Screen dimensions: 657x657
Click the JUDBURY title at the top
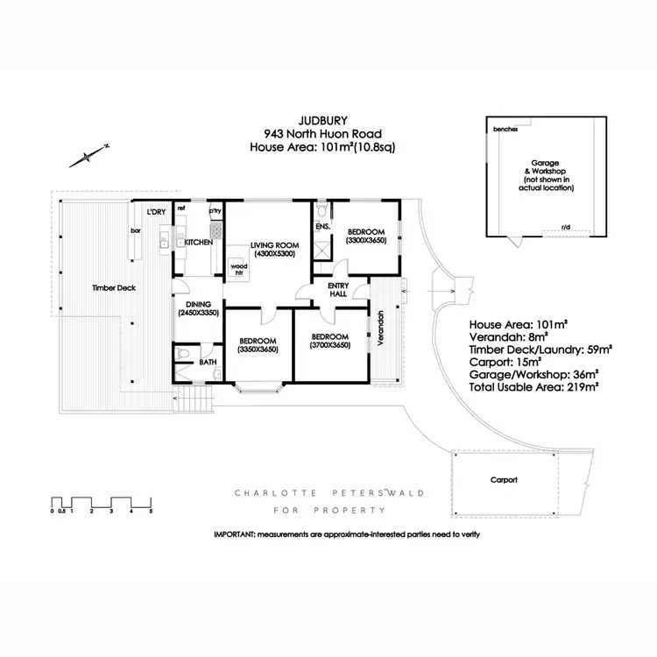click(x=322, y=123)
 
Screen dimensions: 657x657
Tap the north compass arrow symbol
click(x=88, y=156)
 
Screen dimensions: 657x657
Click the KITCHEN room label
click(x=198, y=242)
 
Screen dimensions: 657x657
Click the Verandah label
click(x=381, y=328)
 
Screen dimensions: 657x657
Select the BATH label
click(x=208, y=361)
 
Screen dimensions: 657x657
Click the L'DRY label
click(x=157, y=212)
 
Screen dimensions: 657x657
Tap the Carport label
click(x=504, y=480)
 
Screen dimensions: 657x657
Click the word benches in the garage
click(x=505, y=130)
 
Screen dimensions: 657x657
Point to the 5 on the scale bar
click(x=151, y=510)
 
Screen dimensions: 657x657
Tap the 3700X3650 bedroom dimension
click(x=330, y=345)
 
